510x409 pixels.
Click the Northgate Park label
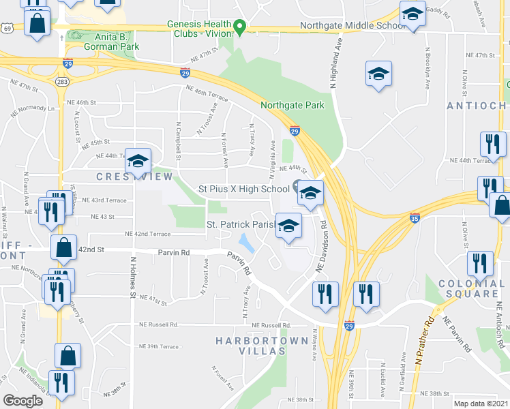coord(292,106)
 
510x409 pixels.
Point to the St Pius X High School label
coord(243,189)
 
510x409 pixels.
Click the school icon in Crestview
coord(138,162)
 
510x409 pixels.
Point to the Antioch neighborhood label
coord(476,106)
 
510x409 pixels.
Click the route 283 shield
coord(63,82)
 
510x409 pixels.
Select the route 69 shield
coord(7,28)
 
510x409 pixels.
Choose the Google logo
coord(24,400)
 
